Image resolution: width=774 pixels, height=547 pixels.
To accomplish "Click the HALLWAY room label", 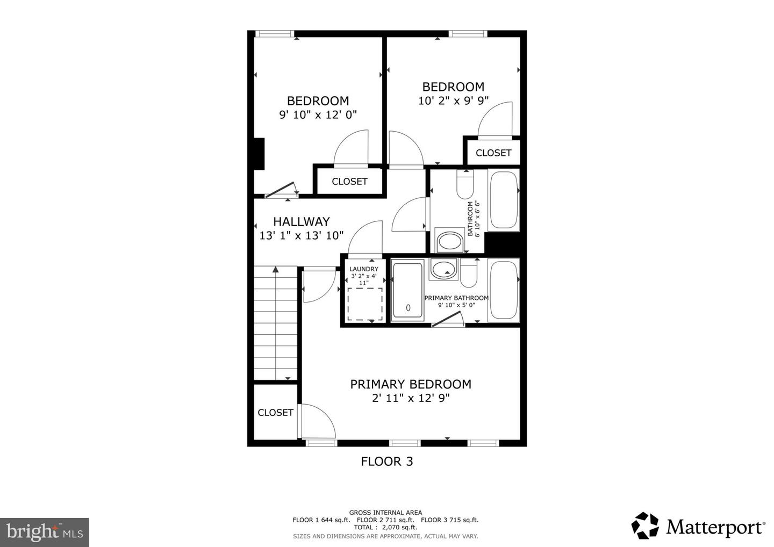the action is coord(302,221).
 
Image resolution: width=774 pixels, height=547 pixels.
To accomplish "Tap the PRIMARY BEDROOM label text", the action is coord(411,384).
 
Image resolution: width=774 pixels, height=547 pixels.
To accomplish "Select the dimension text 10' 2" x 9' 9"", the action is coord(453,100).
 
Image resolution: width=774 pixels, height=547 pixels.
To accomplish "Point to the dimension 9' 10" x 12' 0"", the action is coord(318,114).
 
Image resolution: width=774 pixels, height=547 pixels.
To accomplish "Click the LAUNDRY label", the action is coord(364,269).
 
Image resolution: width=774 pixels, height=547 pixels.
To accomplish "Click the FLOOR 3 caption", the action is coord(387,462).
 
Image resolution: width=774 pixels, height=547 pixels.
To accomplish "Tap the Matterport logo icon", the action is coord(645,526).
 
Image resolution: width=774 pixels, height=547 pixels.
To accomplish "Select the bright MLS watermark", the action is coord(44,532).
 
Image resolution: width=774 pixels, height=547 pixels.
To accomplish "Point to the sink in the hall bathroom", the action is coord(449,241).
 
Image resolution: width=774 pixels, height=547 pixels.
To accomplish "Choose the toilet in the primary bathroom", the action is coord(469,274).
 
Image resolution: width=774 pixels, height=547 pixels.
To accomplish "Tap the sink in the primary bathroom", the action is coord(443,269).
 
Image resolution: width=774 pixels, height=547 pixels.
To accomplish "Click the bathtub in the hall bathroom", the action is coord(504,200).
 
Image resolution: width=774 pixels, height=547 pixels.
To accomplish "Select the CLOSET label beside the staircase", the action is coord(275,413).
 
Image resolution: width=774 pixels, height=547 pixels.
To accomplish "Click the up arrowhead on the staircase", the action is coord(275,269).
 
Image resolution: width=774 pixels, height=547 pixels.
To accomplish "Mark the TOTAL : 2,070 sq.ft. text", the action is coord(385,527).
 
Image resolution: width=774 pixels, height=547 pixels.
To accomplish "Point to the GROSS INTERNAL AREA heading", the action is coord(385,513).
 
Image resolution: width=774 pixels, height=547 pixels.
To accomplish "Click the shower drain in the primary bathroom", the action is coord(408,307).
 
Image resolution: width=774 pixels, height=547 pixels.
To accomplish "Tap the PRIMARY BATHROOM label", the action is coord(456,298).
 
